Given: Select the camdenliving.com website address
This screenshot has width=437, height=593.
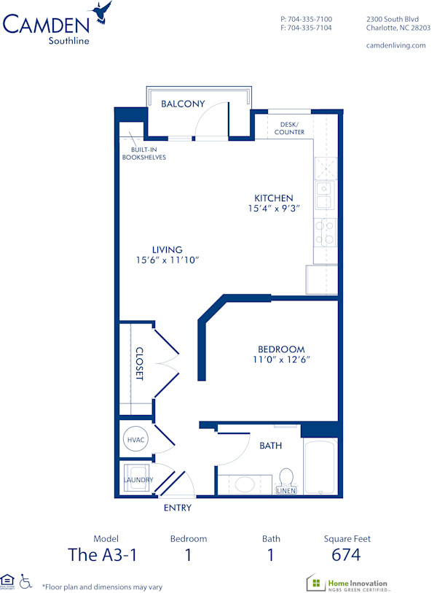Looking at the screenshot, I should [x=395, y=45].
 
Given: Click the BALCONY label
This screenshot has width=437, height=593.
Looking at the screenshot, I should [x=182, y=104].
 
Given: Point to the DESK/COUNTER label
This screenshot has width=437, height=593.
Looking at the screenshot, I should [x=289, y=128].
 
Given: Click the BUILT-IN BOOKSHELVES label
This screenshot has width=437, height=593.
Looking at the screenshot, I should [x=143, y=153].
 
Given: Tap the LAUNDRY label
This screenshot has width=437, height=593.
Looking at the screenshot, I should [x=138, y=480].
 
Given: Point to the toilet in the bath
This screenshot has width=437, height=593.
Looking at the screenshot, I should [x=287, y=478].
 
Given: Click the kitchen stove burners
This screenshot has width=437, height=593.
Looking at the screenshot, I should [x=324, y=233].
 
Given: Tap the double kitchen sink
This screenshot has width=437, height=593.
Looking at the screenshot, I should [x=324, y=195].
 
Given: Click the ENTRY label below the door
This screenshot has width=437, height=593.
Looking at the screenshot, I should [x=178, y=508].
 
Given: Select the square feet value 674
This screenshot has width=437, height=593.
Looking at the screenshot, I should [x=347, y=555].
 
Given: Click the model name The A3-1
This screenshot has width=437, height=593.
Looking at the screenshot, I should [x=102, y=555].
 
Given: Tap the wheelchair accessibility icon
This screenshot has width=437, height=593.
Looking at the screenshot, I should [x=25, y=581].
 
